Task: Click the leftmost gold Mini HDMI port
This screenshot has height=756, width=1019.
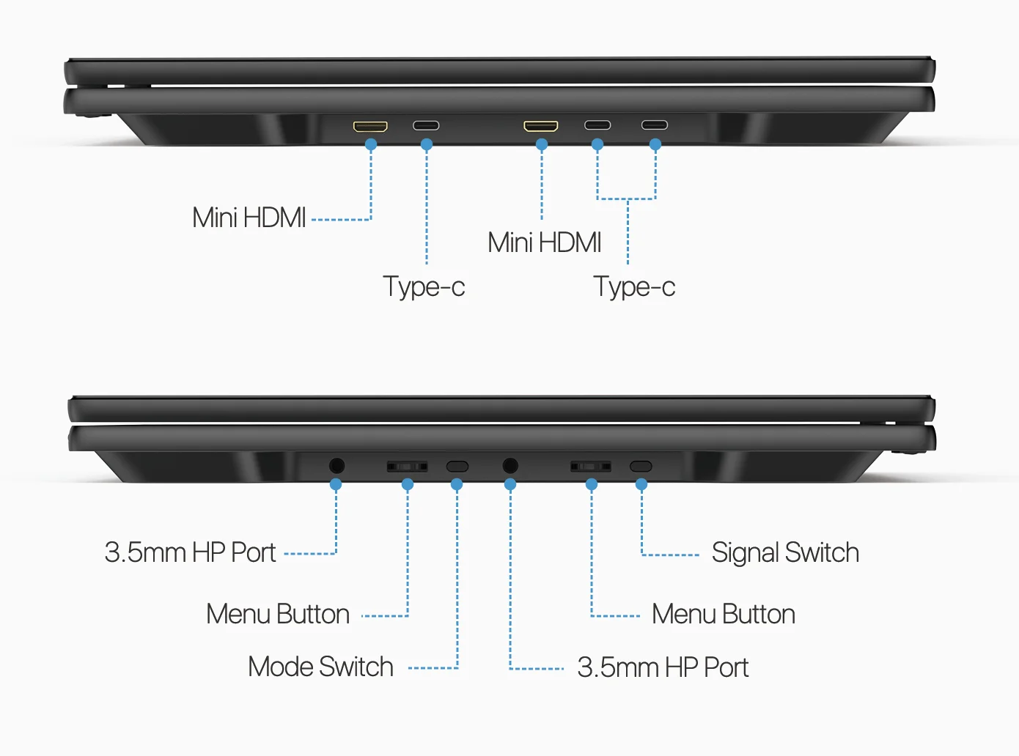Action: coord(370,126)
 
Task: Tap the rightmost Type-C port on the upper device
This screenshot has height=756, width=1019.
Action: coord(655,125)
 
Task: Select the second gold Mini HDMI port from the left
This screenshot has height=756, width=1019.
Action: coord(541,126)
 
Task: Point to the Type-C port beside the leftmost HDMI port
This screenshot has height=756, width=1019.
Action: coord(426,125)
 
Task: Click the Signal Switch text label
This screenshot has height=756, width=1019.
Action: coord(785,552)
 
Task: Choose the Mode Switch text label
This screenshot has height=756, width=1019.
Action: coord(320,667)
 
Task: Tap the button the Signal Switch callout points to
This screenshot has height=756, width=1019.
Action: coord(641,466)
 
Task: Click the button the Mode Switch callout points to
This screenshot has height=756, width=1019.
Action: coord(457,466)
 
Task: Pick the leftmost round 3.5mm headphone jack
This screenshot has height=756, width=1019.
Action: coord(336,465)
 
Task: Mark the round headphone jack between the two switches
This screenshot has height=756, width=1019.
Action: coord(510,465)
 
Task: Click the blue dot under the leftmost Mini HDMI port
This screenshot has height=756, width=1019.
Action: coord(371,145)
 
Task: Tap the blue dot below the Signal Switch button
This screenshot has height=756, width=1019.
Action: coord(641,484)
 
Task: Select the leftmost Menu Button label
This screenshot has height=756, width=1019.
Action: coord(278,614)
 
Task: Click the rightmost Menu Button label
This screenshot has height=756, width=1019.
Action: coord(724,614)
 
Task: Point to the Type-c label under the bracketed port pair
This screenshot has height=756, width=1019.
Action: coord(634,286)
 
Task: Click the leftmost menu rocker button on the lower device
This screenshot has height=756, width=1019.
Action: coord(407,466)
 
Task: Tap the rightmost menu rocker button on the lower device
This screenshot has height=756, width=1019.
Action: coord(591,466)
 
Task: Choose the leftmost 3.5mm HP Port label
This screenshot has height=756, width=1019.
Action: coord(190,552)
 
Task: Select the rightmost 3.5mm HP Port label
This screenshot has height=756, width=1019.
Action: coord(663,667)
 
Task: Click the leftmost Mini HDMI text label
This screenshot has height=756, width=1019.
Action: coord(249,218)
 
